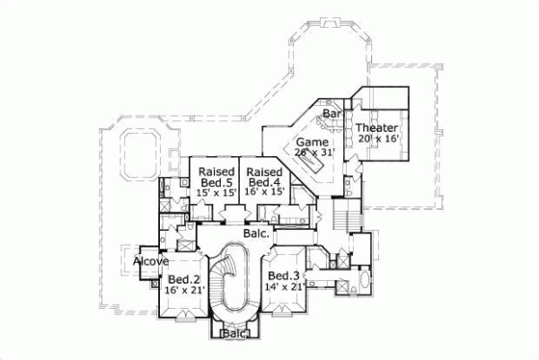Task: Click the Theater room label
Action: click(378, 127)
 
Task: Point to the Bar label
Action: click(331, 114)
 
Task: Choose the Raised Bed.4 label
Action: click(264, 178)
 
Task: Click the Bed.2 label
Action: click(182, 278)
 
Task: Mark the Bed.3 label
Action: click(283, 276)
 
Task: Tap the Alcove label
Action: click(151, 261)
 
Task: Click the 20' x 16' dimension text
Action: click(378, 139)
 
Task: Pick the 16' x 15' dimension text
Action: click(264, 190)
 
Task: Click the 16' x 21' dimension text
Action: click(183, 290)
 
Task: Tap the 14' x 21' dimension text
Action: click(283, 287)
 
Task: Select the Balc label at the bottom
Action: click(234, 333)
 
